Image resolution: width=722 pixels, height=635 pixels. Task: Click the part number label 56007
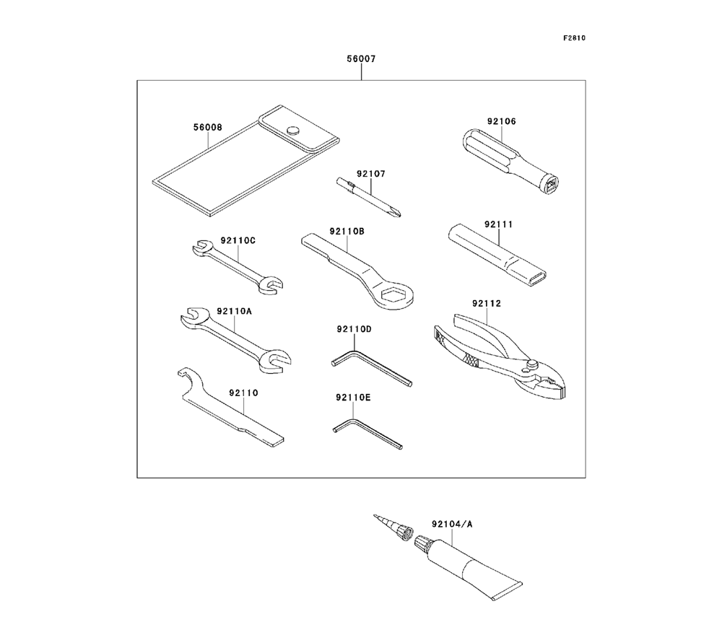coord(361,59)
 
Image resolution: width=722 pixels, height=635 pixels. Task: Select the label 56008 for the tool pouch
coord(207,128)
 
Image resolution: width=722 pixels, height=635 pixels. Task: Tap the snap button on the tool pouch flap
coord(293,131)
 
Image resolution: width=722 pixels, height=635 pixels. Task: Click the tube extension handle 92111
coord(498,253)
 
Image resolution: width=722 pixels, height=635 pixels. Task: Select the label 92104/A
coord(451,524)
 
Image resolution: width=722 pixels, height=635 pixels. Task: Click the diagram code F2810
coord(575,38)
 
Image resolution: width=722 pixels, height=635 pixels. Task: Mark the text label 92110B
coord(347,231)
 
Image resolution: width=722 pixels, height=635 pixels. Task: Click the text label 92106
coord(501,121)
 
